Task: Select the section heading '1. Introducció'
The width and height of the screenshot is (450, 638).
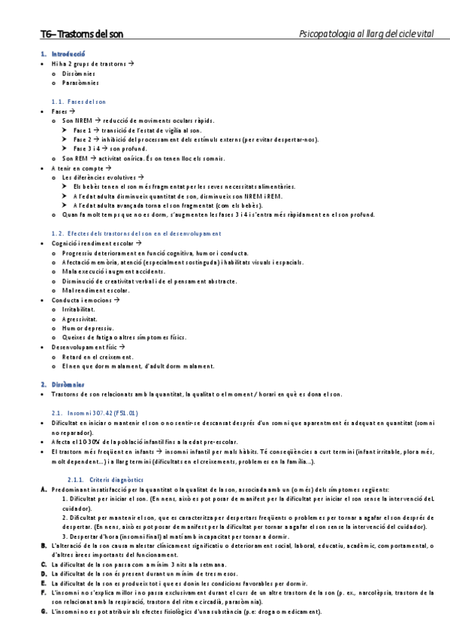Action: pos(63,54)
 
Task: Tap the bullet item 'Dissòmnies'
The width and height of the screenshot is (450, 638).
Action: pos(79,74)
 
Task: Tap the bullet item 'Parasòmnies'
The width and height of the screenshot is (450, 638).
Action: pos(80,84)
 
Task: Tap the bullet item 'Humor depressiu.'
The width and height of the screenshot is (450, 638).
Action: pos(83,329)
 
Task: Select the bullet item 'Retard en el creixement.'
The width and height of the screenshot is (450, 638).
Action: pos(98,357)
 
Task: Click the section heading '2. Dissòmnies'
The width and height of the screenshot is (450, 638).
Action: pos(64,384)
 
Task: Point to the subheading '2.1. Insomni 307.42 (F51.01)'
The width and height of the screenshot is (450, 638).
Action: pos(94,413)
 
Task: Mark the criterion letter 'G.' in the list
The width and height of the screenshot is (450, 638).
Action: pos(44,612)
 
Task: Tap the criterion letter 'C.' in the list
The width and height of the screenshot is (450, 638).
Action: pos(44,564)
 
